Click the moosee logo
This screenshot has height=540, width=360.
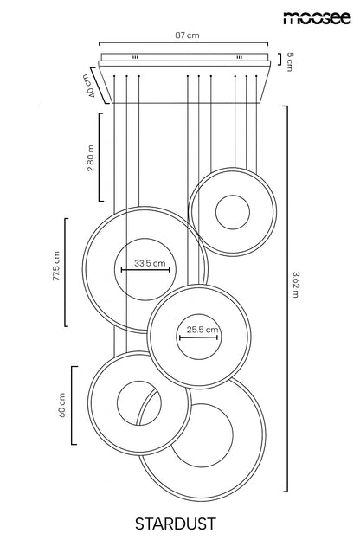coord(318,17)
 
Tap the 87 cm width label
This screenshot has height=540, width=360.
coord(187,35)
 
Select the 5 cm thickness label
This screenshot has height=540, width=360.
coord(290,61)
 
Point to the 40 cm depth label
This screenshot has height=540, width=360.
coord(88,86)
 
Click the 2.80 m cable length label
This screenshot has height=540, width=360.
coord(91,158)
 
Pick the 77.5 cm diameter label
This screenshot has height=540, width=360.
coord(56,266)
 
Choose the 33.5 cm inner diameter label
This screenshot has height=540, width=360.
coord(150,263)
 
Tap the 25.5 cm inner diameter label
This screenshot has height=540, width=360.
coord(202,330)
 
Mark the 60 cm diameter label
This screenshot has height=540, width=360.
coord(62,405)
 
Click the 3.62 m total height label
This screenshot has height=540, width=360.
coord(296,285)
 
